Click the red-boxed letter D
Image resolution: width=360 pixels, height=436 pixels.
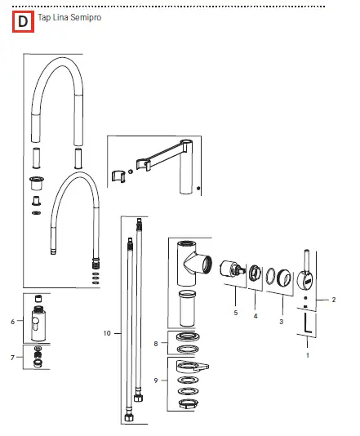coord(22,22)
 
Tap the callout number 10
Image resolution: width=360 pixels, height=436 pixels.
coord(107,333)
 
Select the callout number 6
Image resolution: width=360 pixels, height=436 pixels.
coord(13,322)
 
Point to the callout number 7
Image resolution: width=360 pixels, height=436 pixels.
coord(13,357)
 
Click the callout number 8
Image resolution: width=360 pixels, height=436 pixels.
coord(156,344)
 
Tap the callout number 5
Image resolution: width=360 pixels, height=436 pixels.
coord(234,313)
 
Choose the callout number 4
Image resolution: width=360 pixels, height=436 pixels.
coord(255,315)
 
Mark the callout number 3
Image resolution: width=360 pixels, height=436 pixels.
coord(282,322)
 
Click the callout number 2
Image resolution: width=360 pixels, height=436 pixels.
coord(334,300)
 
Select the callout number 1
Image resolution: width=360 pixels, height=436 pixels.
coord(308,355)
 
